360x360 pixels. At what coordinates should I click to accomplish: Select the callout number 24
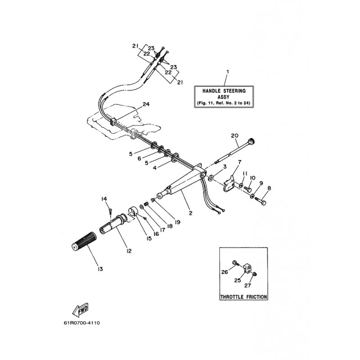point(146,104)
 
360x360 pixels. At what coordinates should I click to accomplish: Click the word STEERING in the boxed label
point(234,91)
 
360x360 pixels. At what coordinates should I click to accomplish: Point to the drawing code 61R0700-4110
point(82,323)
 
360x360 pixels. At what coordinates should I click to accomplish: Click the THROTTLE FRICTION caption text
point(243,297)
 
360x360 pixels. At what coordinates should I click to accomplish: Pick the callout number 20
point(234,136)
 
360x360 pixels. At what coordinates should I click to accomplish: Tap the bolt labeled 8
point(261,201)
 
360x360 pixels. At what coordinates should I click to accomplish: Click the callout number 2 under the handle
point(190,213)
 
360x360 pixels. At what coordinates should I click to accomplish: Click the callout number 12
point(129,251)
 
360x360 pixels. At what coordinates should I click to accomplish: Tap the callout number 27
point(248,285)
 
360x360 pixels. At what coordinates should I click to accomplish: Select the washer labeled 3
point(211,178)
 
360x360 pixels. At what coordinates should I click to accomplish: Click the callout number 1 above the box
point(228,72)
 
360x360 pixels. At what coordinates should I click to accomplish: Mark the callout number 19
point(177,222)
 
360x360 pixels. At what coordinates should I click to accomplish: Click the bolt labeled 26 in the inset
point(235,263)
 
